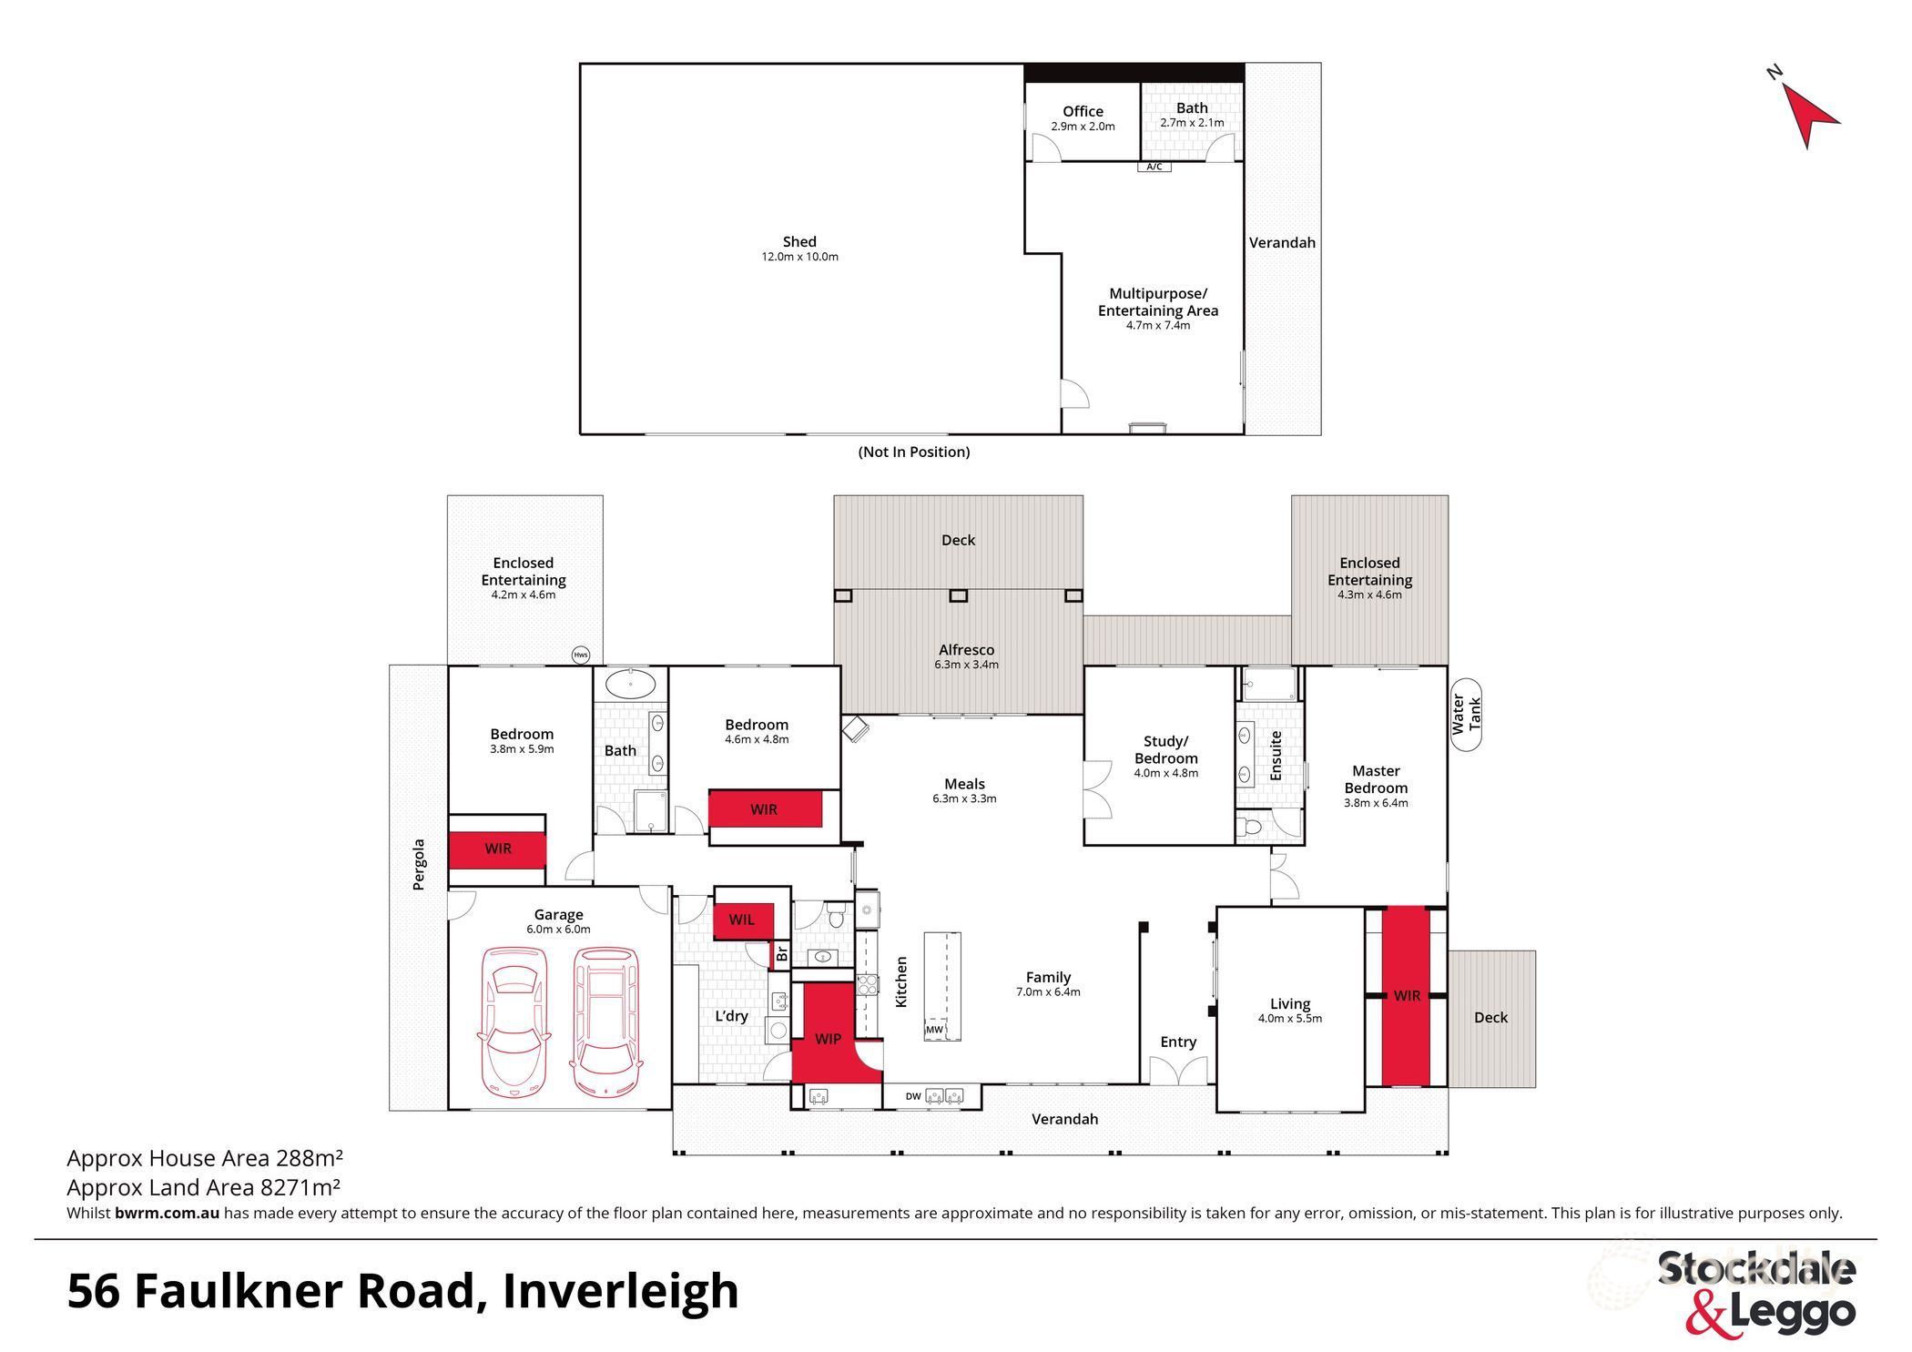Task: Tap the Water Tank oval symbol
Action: [x=1465, y=715]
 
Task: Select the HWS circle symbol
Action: [x=580, y=655]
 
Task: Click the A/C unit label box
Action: [x=1154, y=167]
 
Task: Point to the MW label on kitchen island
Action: [x=934, y=1030]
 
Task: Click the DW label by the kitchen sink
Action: [x=912, y=1096]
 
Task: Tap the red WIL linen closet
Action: [x=743, y=920]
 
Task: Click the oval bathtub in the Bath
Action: [x=630, y=684]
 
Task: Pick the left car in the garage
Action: [x=514, y=1021]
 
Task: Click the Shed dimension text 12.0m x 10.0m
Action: [x=799, y=257]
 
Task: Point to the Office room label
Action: [x=1083, y=111]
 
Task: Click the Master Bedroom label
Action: [x=1375, y=779]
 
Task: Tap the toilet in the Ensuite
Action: [x=1251, y=827]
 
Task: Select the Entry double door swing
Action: [x=1178, y=1071]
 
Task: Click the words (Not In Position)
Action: [x=913, y=452]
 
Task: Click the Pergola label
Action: [x=419, y=864]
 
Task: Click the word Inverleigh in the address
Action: [x=620, y=1291]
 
